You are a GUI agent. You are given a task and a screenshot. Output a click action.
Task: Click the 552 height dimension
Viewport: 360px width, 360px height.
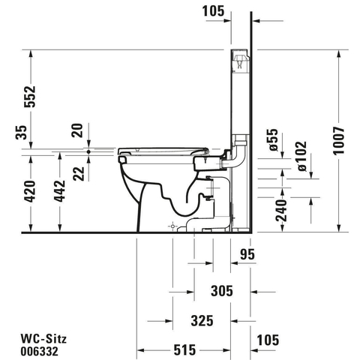click(30, 97)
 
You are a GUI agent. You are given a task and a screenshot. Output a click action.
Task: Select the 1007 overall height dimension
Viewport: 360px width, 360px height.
click(339, 141)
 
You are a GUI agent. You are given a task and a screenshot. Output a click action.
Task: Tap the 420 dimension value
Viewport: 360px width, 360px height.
click(30, 191)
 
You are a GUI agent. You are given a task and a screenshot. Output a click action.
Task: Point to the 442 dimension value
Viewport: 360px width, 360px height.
click(59, 191)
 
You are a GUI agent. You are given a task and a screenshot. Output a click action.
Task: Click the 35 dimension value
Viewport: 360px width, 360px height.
click(21, 133)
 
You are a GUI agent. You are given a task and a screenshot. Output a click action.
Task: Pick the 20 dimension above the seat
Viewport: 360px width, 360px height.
click(77, 130)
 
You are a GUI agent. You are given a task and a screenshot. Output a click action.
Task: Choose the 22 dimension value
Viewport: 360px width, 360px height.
click(79, 173)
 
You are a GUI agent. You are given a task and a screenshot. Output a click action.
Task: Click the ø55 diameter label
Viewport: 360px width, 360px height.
click(273, 140)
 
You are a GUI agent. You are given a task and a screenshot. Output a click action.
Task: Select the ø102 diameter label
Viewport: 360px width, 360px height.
click(301, 156)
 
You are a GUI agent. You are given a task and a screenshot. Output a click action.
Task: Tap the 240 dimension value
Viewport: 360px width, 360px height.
click(281, 211)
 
